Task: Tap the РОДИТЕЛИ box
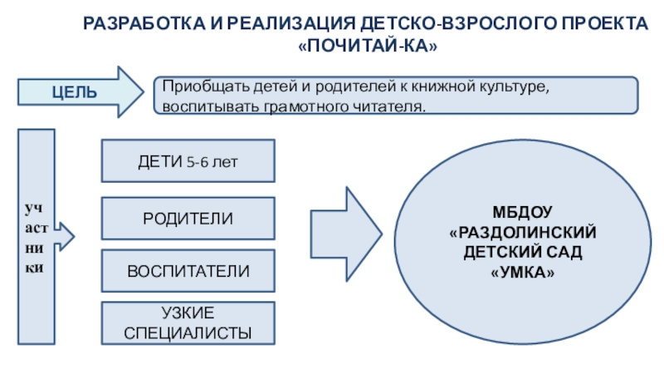click(x=188, y=218)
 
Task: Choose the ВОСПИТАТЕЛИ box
click(x=188, y=272)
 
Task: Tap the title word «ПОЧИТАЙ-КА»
click(x=367, y=47)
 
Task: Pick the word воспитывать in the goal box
click(x=198, y=107)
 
